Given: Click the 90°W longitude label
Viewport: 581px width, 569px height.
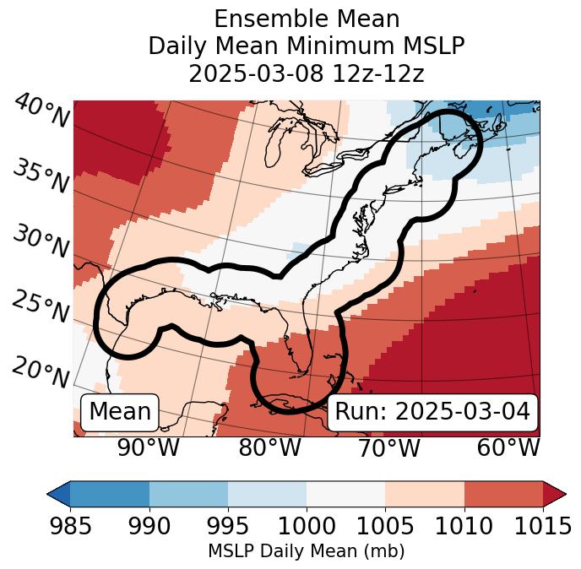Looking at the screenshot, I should (148, 447).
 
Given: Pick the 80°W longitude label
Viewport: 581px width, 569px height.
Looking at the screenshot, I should (269, 447).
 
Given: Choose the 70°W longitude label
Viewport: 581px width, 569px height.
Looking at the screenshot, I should (389, 447).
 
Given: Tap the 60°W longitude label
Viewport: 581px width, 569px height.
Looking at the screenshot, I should (508, 447).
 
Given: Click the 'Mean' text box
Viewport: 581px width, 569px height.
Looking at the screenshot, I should (120, 412).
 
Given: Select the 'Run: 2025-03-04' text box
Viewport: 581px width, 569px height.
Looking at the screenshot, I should (432, 412).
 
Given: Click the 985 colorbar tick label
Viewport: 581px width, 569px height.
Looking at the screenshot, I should (70, 527).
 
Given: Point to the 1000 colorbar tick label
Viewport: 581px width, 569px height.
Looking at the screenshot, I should (307, 527).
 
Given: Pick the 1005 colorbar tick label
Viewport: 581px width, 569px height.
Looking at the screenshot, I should (385, 527).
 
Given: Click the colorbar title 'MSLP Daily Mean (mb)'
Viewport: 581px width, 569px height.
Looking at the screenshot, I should (306, 552).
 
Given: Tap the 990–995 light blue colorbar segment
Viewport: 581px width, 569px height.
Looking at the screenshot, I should (188, 494).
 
